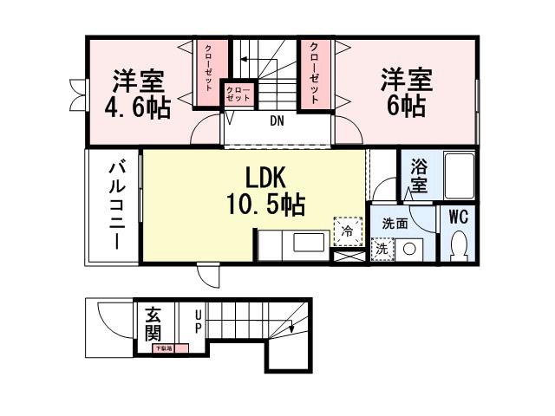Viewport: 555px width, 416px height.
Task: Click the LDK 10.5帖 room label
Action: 265,192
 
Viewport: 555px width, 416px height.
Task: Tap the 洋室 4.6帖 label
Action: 138,94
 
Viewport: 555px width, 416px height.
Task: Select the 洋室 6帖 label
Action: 405,93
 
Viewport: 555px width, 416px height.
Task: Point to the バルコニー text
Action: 114,205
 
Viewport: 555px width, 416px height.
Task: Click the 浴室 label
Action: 419,175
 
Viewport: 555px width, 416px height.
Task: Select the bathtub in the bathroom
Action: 458,175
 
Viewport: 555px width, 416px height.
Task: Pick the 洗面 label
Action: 395,224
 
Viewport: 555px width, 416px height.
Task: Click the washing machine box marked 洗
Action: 381,248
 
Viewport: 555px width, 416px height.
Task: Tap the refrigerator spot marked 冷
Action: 346,231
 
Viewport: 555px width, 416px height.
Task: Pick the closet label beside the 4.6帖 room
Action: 208,72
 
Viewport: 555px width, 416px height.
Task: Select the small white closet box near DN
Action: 238,94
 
